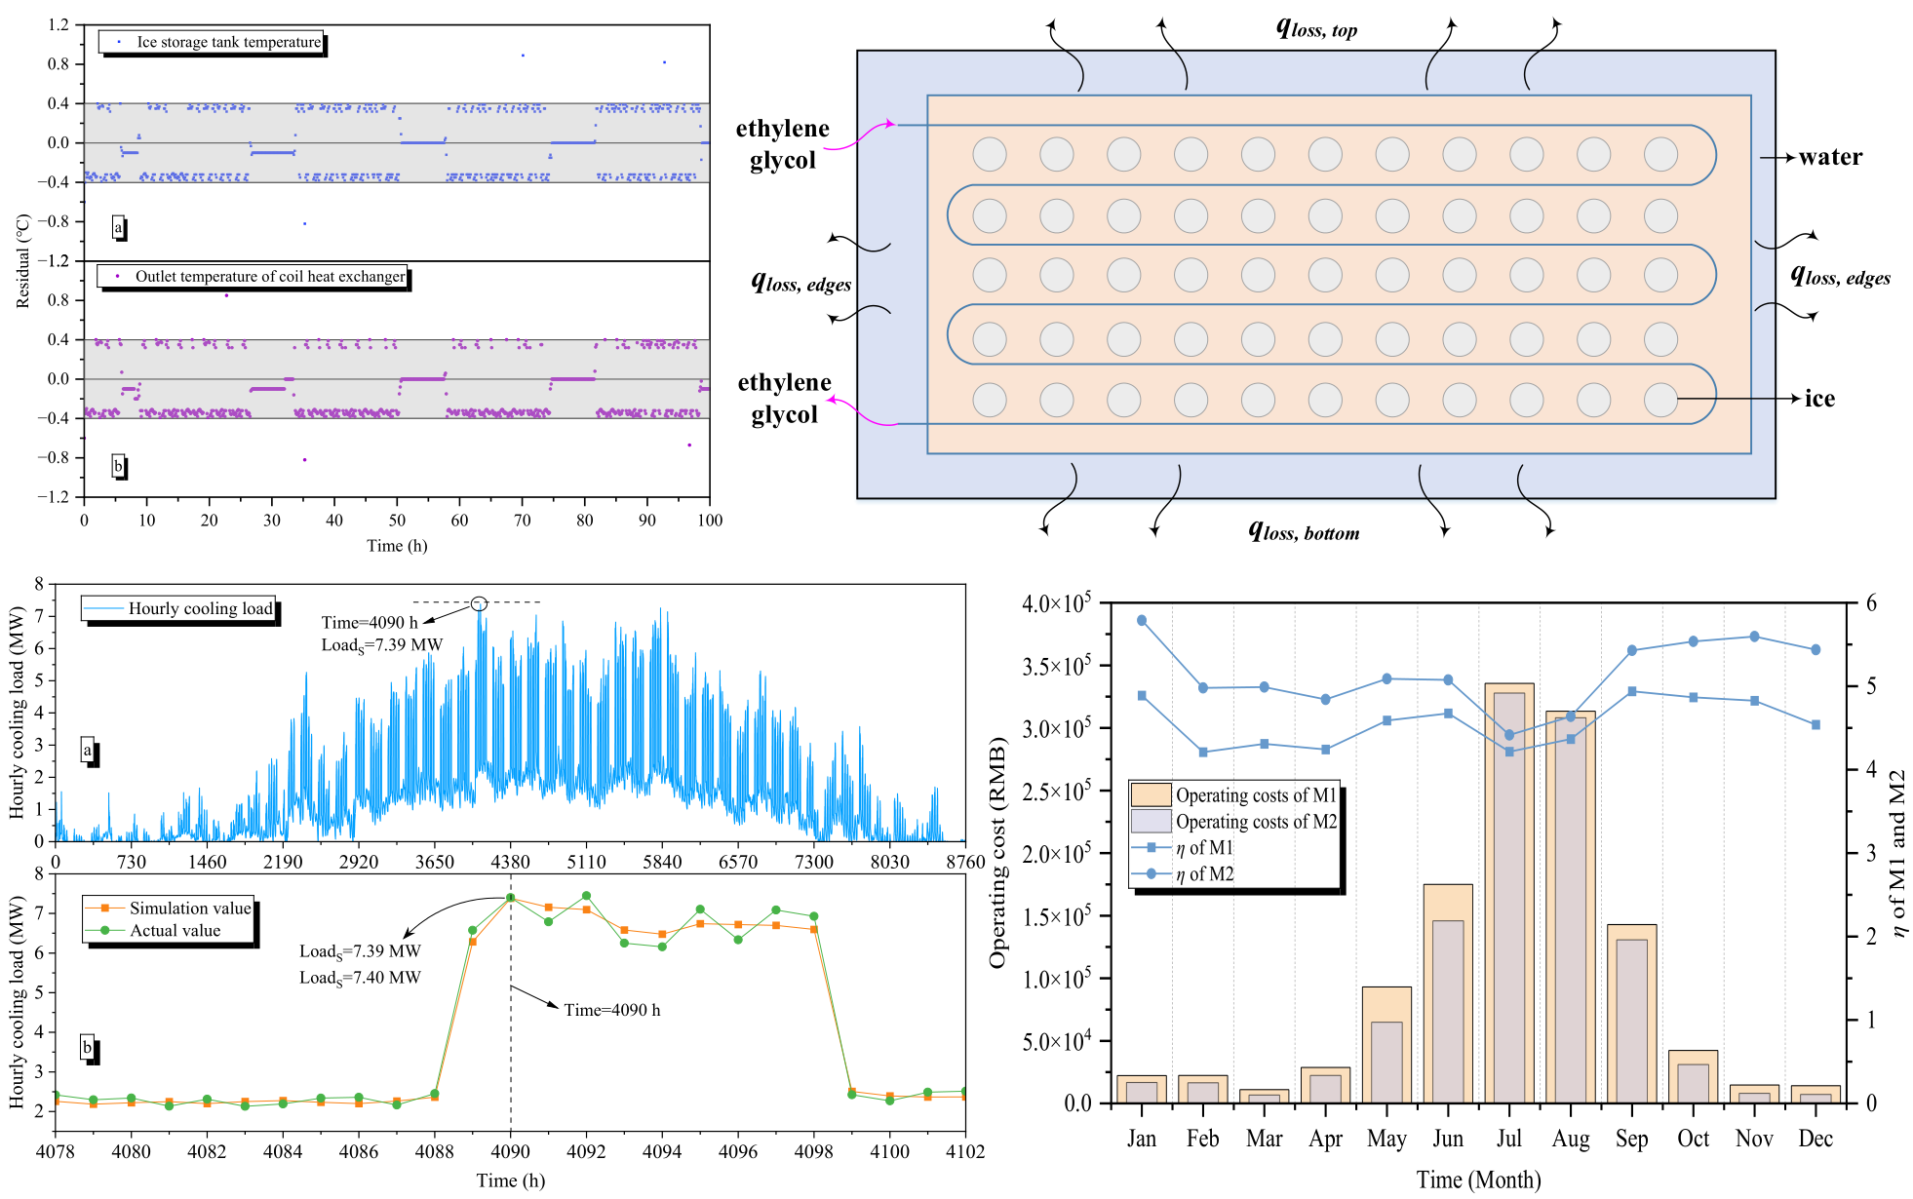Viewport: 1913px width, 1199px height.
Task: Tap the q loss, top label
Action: pyautogui.click(x=1316, y=28)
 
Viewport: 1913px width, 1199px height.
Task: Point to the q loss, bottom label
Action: pyautogui.click(x=1304, y=531)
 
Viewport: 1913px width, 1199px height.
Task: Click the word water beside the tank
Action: pyautogui.click(x=1830, y=157)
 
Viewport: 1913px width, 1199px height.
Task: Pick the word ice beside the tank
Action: pyautogui.click(x=1819, y=399)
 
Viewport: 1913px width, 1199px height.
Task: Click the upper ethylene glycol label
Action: pyautogui.click(x=782, y=144)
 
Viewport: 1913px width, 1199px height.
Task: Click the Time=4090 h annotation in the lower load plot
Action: pyautogui.click(x=611, y=1010)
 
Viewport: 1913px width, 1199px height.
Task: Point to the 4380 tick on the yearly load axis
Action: pyautogui.click(x=510, y=862)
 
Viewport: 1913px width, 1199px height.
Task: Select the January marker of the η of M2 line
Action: pyautogui.click(x=1142, y=620)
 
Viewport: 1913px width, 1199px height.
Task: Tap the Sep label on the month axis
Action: pyautogui.click(x=1631, y=1139)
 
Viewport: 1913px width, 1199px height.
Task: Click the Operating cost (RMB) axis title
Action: pyautogui.click(x=996, y=853)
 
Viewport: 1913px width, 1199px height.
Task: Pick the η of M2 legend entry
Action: pyautogui.click(x=1204, y=874)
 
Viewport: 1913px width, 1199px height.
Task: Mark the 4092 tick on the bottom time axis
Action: pyautogui.click(x=586, y=1151)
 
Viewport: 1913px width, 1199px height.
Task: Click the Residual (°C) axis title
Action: pyautogui.click(x=23, y=261)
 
